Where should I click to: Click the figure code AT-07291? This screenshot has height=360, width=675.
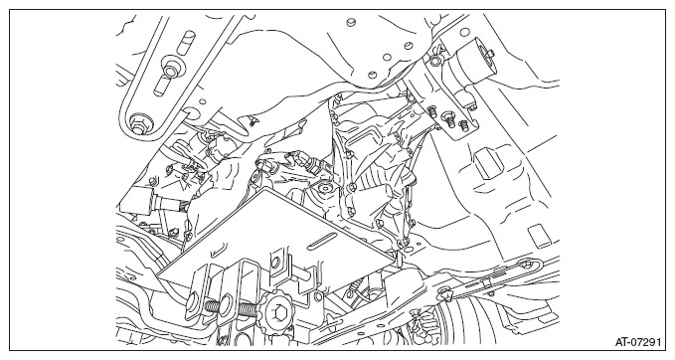pos(637,342)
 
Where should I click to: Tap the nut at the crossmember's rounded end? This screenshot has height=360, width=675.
pos(138,122)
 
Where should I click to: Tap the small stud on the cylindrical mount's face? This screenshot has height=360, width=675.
pos(490,54)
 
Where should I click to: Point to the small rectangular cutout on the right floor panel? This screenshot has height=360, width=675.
pos(539,236)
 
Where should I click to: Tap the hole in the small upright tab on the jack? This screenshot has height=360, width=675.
pos(275,261)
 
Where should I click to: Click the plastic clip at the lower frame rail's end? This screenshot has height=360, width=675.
pos(442,295)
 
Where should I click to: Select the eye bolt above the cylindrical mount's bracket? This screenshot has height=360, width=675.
pos(434,61)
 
